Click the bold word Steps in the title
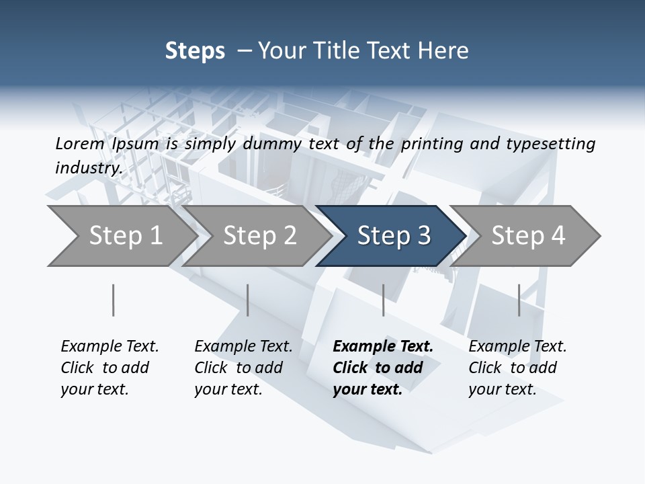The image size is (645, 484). (x=195, y=51)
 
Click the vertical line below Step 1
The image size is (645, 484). (x=113, y=300)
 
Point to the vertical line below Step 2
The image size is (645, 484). (x=248, y=300)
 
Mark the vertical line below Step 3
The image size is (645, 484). (x=383, y=300)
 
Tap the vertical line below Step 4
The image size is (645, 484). (x=519, y=300)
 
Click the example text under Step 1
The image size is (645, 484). (x=109, y=368)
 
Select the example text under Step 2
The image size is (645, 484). (x=243, y=368)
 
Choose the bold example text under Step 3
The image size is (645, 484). (x=382, y=368)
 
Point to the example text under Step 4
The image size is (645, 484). (x=517, y=368)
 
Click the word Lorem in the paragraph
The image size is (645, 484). (x=79, y=143)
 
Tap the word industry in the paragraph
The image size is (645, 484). (x=88, y=167)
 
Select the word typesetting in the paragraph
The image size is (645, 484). (x=556, y=143)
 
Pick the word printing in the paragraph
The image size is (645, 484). (x=427, y=143)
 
